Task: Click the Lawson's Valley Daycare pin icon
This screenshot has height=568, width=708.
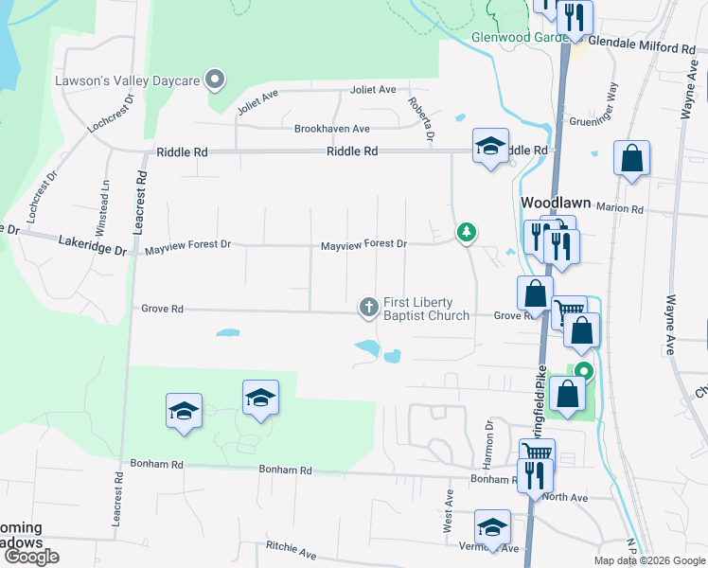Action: (216, 80)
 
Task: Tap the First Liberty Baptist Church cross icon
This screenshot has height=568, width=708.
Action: (367, 307)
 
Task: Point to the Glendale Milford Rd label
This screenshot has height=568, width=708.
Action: (642, 46)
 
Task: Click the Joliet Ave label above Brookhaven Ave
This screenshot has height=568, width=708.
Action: (373, 90)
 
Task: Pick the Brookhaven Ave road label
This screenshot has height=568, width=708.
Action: (331, 129)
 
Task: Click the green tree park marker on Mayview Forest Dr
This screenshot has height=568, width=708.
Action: (466, 231)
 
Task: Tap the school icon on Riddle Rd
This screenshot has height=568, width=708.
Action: (490, 146)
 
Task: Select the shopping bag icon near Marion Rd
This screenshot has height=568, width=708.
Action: (631, 158)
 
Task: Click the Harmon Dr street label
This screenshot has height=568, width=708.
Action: (489, 444)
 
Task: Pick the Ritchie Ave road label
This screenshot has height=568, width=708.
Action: (292, 549)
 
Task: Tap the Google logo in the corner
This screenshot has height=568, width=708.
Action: (31, 558)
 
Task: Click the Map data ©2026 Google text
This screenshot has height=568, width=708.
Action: (648, 560)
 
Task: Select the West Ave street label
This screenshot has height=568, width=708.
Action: (449, 511)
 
